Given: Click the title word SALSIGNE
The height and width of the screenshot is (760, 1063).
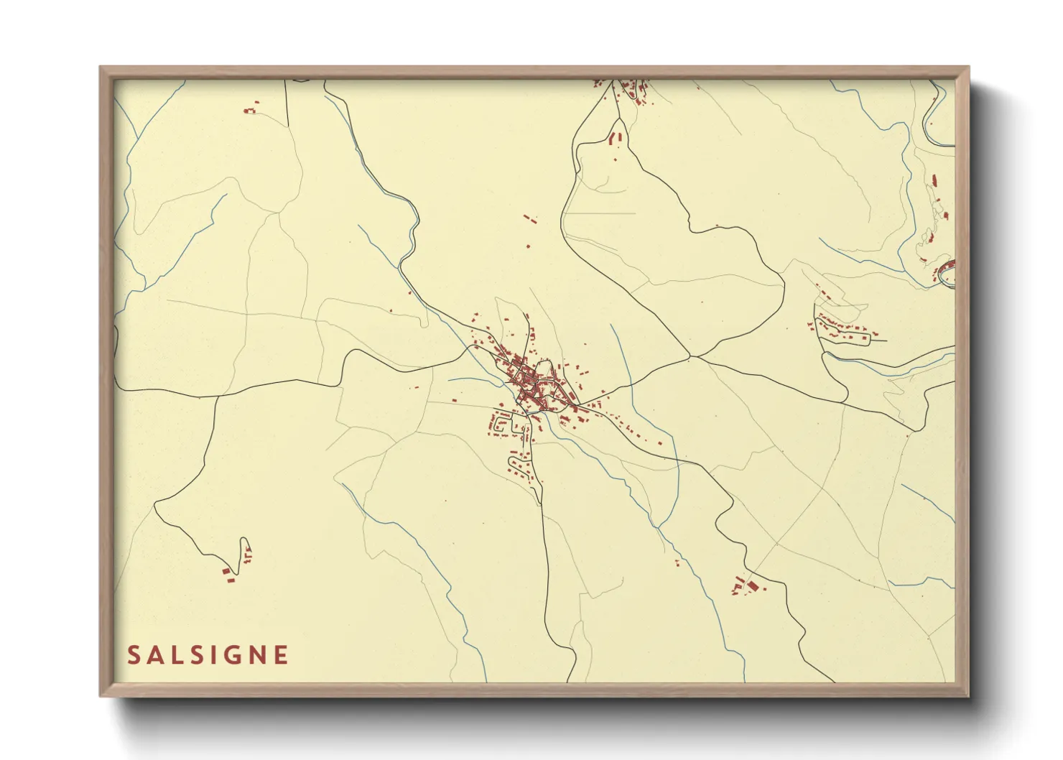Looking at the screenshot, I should coord(208,655).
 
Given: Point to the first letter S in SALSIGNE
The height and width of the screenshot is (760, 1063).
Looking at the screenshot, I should coord(134,655).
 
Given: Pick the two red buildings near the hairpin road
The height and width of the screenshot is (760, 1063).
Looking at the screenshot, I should coord(228,574).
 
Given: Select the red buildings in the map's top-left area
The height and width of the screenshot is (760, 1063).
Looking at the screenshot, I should coord(250,110).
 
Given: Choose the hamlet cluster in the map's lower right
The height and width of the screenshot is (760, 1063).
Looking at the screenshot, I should coord(746,585).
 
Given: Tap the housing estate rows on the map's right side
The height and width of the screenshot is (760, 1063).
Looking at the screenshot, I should coord(844,329).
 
